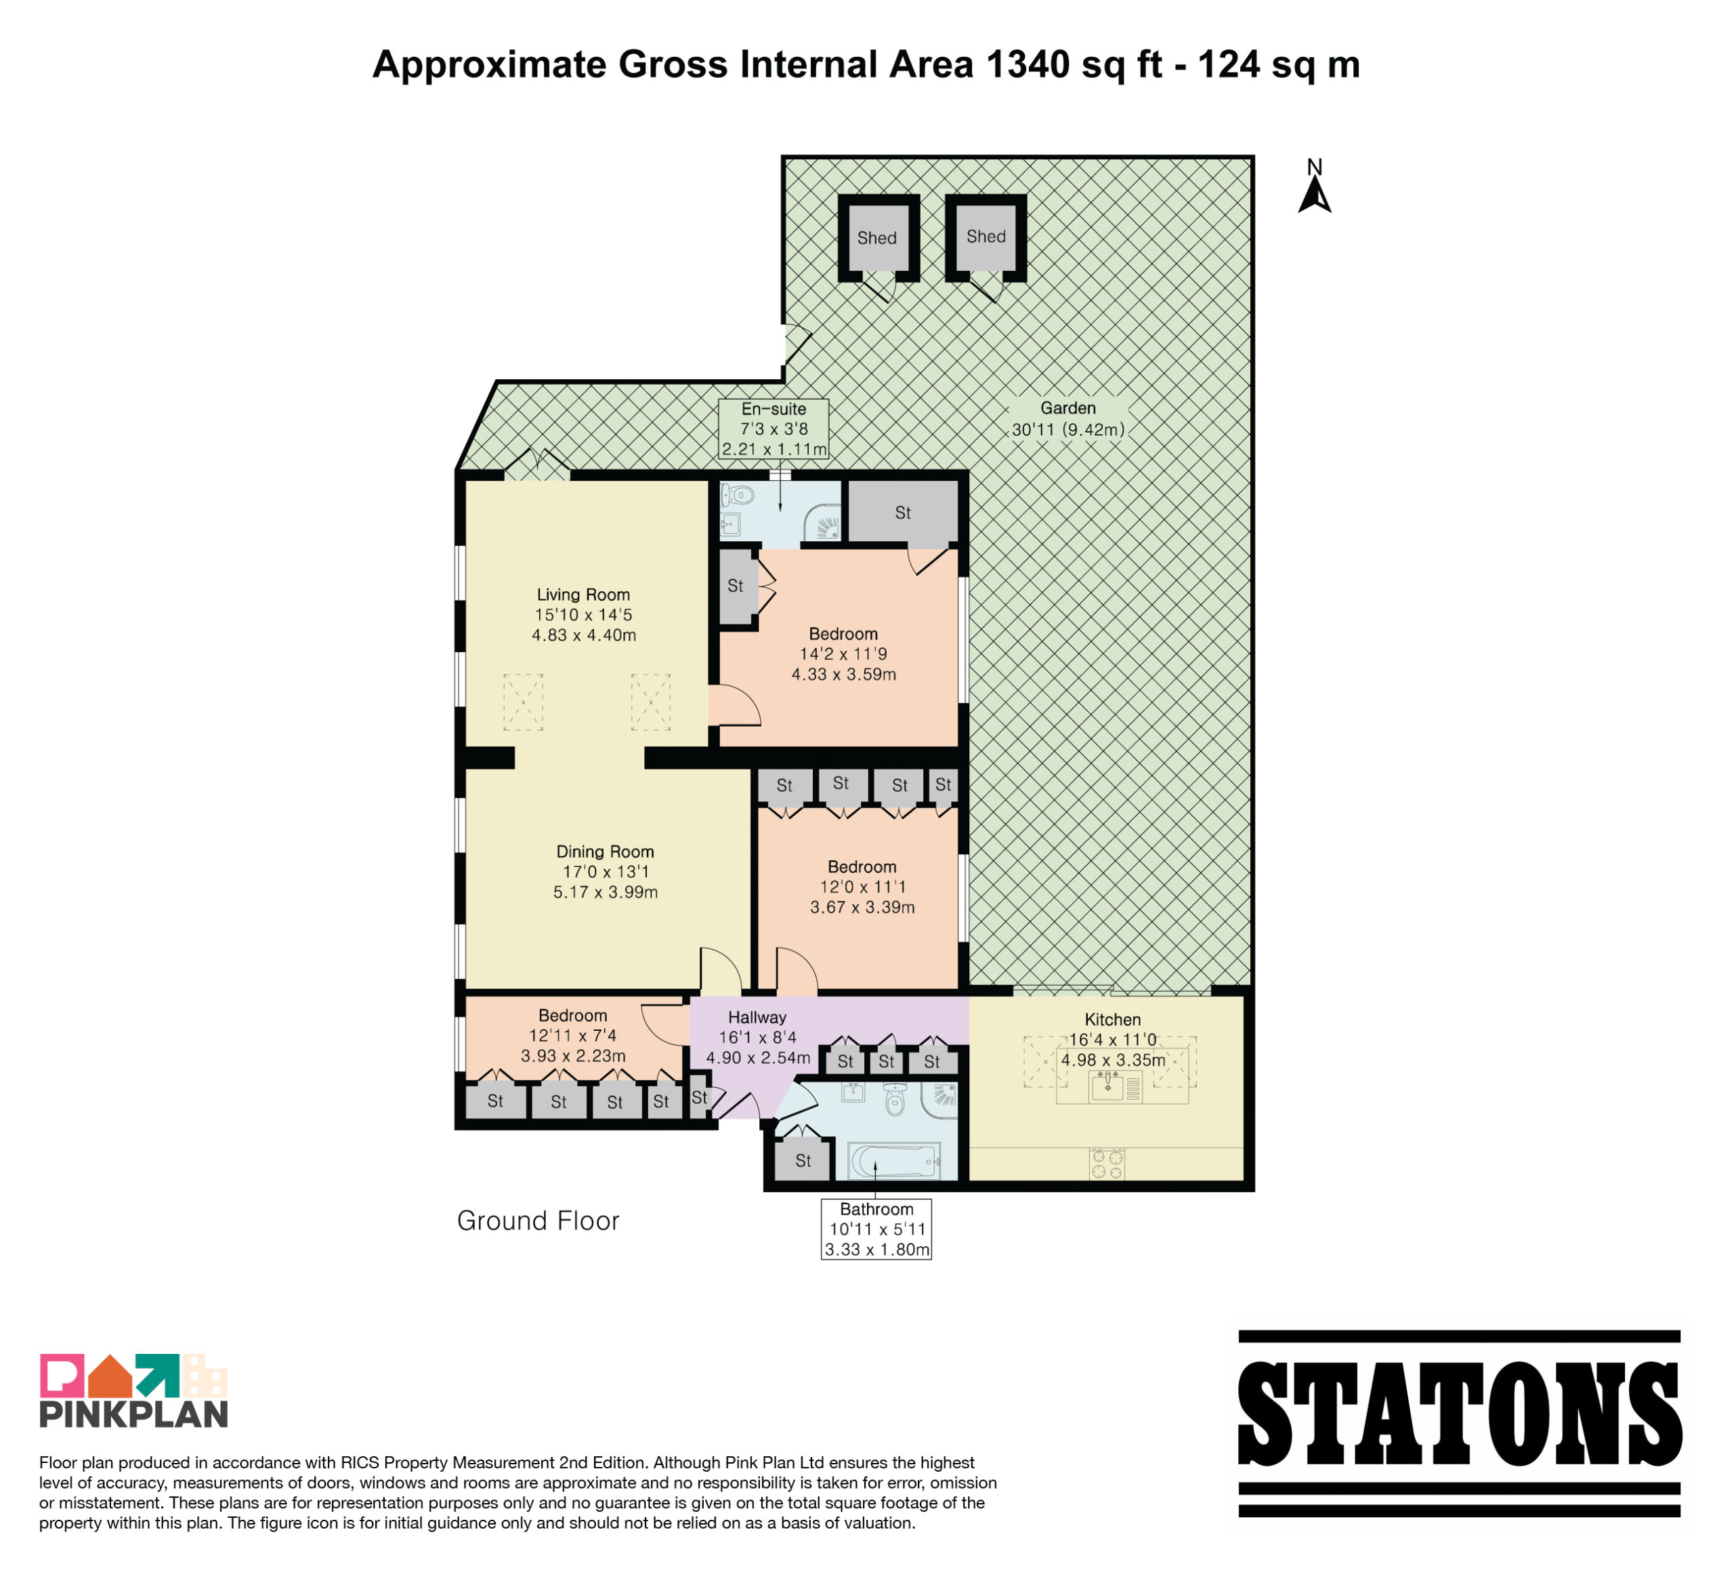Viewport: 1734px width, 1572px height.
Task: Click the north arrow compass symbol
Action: (x=1314, y=187)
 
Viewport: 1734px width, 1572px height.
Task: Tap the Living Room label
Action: (x=583, y=594)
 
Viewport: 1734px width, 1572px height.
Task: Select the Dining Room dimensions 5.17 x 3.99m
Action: (x=606, y=892)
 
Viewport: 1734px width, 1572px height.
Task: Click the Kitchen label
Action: (x=1112, y=1019)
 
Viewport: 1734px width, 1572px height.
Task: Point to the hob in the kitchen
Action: (x=1107, y=1164)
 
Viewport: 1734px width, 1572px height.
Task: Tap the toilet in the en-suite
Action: (x=737, y=495)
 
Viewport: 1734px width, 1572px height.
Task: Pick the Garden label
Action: (x=1068, y=408)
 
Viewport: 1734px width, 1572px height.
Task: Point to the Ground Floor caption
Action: (x=538, y=1221)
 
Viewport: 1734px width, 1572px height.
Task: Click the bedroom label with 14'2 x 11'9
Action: (x=843, y=634)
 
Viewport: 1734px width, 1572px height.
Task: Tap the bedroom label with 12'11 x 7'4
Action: (x=573, y=1016)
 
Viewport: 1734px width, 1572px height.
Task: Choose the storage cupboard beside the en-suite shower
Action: (x=903, y=513)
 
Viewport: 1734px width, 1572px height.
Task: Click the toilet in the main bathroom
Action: (x=895, y=1099)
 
